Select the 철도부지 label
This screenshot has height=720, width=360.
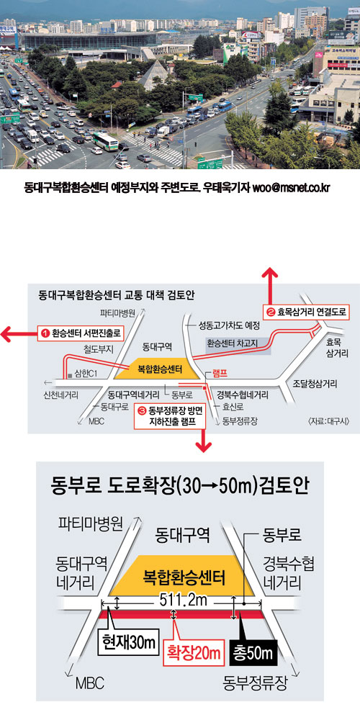[98, 349]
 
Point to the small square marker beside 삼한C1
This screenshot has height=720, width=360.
[69, 374]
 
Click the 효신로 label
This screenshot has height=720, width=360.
[233, 407]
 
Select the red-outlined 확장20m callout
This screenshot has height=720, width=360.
[194, 652]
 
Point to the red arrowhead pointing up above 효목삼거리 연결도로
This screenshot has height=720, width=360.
[269, 274]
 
